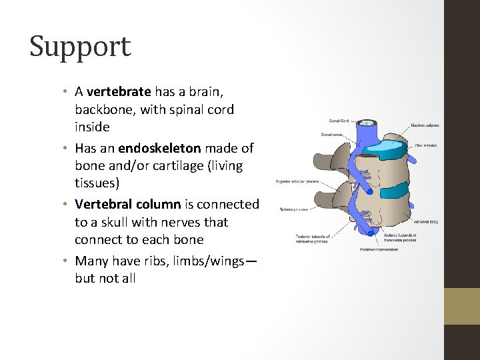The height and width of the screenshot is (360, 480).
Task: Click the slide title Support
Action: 80,47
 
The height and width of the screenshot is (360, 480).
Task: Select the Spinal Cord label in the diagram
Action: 339,121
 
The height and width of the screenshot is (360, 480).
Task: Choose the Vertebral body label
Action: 425,221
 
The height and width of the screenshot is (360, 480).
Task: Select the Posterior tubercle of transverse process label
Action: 313,239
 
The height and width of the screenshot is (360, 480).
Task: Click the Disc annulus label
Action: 425,145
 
